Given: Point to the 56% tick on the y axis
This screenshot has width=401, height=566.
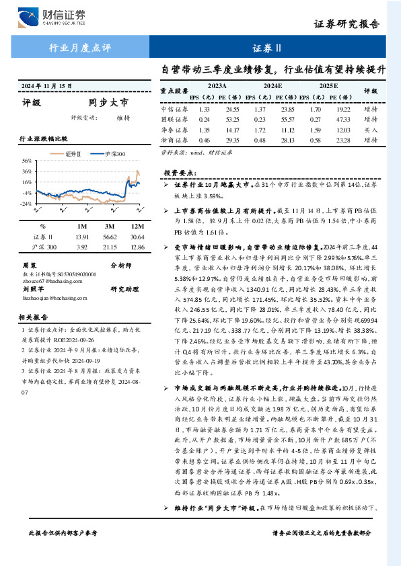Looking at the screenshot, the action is (27, 161).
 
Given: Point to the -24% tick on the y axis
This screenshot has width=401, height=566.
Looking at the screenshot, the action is (26, 203).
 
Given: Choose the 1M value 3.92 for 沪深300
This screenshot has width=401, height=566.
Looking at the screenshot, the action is (82, 247).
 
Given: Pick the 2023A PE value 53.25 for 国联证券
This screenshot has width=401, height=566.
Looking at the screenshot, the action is (233, 120).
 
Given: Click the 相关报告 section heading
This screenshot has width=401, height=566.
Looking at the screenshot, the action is (33, 316).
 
